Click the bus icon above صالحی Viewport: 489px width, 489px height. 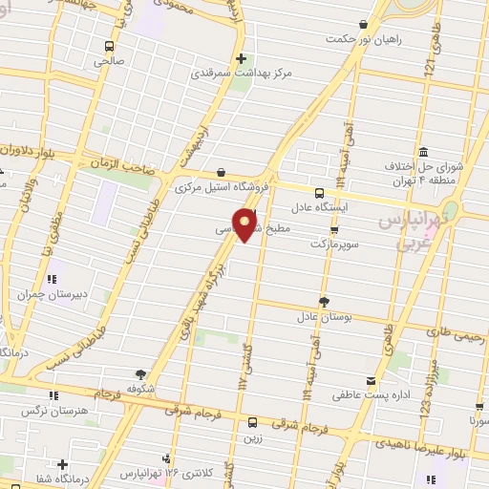point(110,46)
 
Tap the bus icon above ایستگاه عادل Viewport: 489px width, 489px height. point(321,192)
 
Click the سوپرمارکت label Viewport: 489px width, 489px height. point(334,244)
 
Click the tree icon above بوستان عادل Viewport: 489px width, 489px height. point(323,301)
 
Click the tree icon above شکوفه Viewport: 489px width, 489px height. point(140,373)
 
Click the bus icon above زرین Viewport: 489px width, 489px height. point(252,422)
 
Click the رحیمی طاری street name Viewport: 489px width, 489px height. point(458,333)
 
